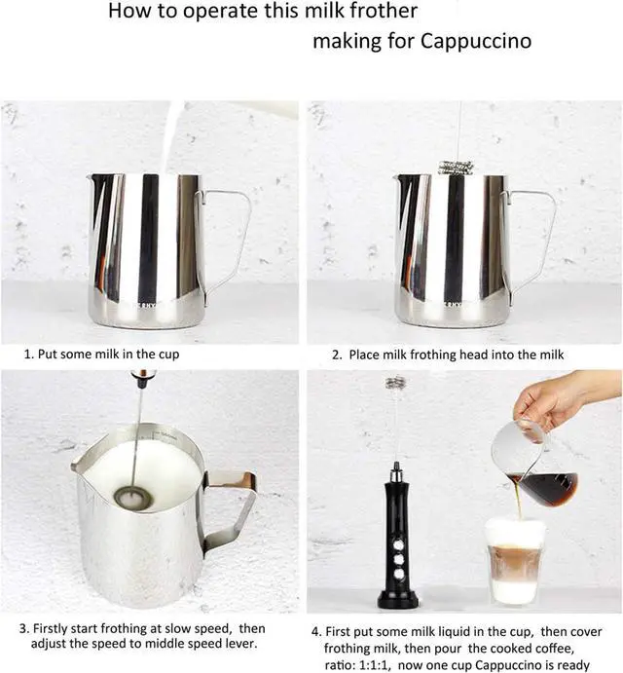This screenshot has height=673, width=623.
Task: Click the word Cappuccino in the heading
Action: (x=476, y=41)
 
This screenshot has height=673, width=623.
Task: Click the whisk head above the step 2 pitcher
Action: (x=456, y=167)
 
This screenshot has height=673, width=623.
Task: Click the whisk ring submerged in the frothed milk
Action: (x=133, y=498)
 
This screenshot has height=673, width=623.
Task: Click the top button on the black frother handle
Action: (x=398, y=545)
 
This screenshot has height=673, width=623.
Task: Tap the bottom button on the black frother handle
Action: (x=399, y=574)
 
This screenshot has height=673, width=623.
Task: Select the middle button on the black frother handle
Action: (x=399, y=559)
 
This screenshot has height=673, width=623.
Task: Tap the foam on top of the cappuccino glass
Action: (x=515, y=532)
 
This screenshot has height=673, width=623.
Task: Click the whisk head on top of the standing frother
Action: (x=395, y=383)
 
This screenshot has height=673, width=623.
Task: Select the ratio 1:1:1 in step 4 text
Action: (x=374, y=665)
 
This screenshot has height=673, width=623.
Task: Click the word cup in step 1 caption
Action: (x=169, y=355)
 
